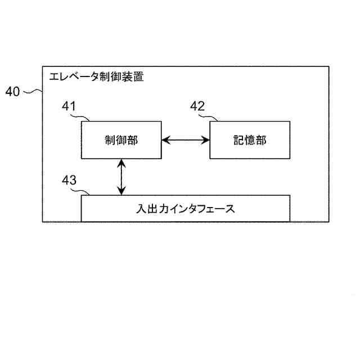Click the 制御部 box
click(x=121, y=140)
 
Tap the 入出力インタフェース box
click(x=186, y=208)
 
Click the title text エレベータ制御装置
click(x=96, y=77)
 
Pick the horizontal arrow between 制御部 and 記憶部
click(x=185, y=140)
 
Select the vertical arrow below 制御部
click(x=121, y=177)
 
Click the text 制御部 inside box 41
click(x=121, y=141)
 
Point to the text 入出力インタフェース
click(x=186, y=209)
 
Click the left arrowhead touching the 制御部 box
click(x=165, y=140)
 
